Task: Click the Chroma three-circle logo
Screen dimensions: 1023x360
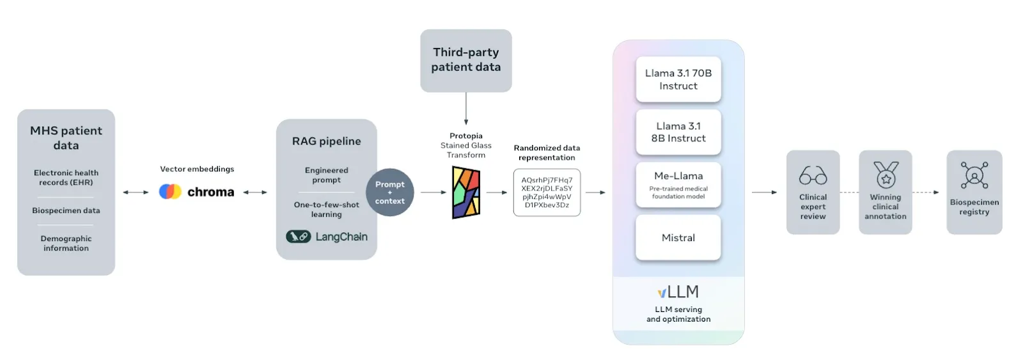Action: [170, 191]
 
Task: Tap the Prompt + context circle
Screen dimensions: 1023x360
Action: [389, 192]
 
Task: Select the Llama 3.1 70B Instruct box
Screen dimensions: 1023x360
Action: [678, 79]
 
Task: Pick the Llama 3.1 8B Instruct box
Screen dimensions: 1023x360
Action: [678, 132]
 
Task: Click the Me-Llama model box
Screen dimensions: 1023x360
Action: [678, 185]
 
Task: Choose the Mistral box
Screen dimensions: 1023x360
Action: [678, 238]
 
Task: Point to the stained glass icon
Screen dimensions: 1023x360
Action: [466, 192]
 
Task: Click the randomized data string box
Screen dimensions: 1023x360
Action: [547, 192]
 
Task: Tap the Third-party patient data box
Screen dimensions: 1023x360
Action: [466, 61]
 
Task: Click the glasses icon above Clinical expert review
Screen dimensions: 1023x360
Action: [813, 175]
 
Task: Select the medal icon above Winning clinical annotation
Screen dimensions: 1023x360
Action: [886, 175]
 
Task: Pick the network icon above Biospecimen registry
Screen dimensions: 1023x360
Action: [974, 175]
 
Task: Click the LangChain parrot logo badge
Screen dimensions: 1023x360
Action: [298, 237]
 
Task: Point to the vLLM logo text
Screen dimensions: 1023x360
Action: [678, 292]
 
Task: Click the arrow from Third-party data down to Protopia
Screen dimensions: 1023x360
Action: [466, 109]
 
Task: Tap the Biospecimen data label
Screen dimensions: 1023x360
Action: [66, 210]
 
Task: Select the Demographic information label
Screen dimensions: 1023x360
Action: [66, 243]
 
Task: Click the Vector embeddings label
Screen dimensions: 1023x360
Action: [197, 169]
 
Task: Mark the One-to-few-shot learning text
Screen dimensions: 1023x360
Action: [327, 209]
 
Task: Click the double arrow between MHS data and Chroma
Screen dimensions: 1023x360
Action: [136, 192]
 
